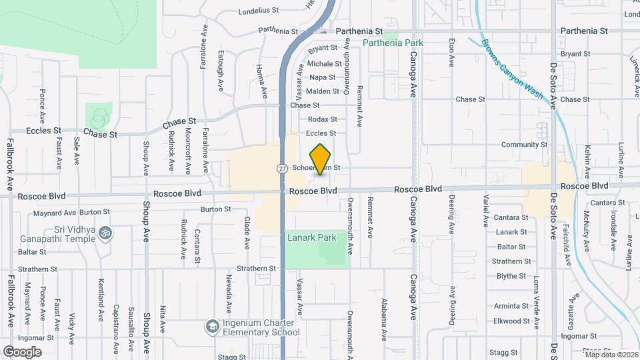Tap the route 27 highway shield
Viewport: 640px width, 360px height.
pyautogui.click(x=282, y=169)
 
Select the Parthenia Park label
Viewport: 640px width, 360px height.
pyautogui.click(x=393, y=43)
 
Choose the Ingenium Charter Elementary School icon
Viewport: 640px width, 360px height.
pyautogui.click(x=212, y=326)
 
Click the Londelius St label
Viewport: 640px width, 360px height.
pyautogui.click(x=258, y=11)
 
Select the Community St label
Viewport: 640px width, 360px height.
pyautogui.click(x=524, y=145)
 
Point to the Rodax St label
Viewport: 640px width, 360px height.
pyautogui.click(x=322, y=119)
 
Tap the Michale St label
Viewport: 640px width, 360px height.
pyautogui.click(x=324, y=64)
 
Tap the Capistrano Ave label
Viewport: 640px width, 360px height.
pyautogui.click(x=115, y=318)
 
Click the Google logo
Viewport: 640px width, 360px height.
pyautogui.click(x=22, y=351)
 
